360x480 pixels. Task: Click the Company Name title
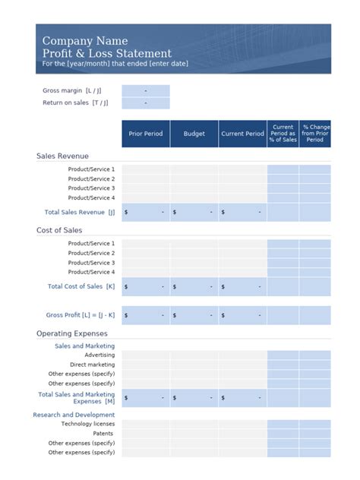(85, 41)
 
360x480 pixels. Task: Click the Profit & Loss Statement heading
(107, 54)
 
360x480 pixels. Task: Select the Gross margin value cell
(145, 90)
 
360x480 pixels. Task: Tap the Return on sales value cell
(145, 103)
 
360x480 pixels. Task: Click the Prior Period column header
(145, 134)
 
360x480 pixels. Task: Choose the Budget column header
(194, 134)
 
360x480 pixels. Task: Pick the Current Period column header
(242, 134)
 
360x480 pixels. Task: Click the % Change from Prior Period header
(314, 134)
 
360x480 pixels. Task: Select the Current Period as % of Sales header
(283, 134)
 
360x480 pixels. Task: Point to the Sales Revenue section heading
(62, 156)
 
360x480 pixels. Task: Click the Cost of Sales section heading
(59, 230)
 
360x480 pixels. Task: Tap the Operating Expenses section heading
(72, 333)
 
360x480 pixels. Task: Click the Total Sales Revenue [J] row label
(80, 213)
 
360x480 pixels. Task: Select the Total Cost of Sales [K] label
(81, 286)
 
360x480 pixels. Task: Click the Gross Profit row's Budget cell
(194, 314)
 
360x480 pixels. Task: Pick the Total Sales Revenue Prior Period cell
(145, 213)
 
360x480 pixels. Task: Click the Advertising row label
(99, 355)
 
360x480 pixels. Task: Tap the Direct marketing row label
(92, 365)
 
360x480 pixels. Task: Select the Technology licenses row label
(87, 424)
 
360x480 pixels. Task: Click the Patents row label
(103, 433)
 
